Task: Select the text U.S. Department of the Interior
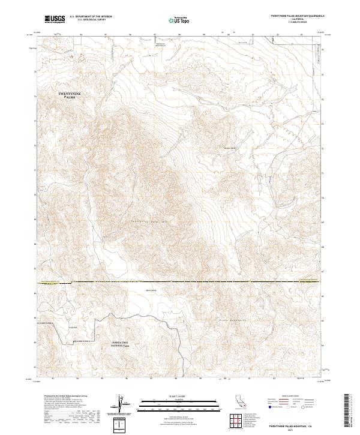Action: (x=91, y=17)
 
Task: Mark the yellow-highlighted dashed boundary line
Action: (x=180, y=281)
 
